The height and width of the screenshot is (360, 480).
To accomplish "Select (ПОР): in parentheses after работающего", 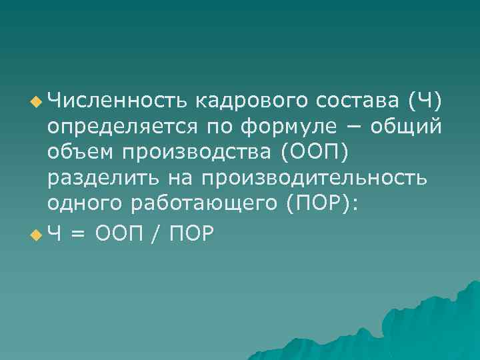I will pos(323,205).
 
